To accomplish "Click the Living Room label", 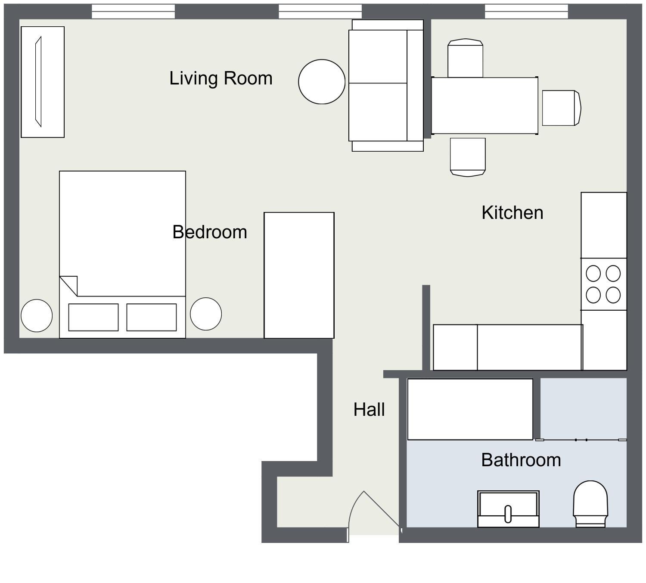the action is click(221, 78).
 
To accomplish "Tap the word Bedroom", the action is click(210, 232).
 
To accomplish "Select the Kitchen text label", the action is click(512, 213).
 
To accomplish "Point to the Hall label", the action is click(369, 410).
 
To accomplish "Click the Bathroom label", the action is click(521, 460).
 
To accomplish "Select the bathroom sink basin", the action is click(508, 509).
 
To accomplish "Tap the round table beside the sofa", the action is click(322, 82).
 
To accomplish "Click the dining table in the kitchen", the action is click(484, 106).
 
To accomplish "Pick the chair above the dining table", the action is click(466, 58).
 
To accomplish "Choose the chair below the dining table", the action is click(468, 157).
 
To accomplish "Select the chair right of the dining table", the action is click(562, 108).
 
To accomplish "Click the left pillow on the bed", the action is click(93, 317).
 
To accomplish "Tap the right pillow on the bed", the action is click(151, 317).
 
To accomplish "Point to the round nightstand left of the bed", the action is click(37, 315).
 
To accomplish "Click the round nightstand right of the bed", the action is click(206, 314).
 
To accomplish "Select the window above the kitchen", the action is click(527, 12).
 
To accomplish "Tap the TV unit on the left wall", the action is click(43, 82).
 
